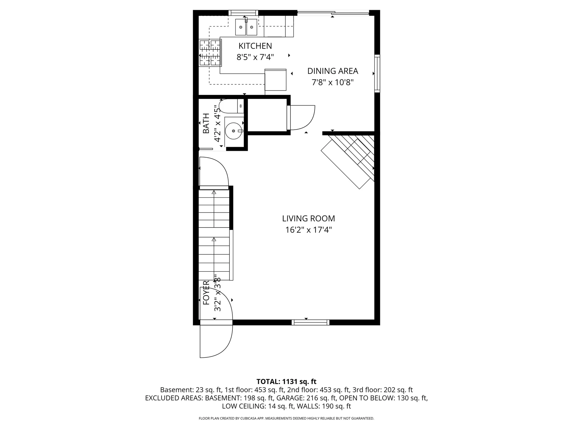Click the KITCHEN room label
point(255,46)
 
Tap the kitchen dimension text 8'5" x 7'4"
point(255,57)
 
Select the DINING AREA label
point(332,71)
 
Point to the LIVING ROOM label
point(308,219)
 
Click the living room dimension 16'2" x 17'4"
point(308,230)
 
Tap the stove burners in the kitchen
point(210,53)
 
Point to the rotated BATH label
point(206,123)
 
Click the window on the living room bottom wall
point(310,322)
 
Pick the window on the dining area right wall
point(377,73)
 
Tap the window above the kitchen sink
point(244,13)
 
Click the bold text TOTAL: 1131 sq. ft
point(286,382)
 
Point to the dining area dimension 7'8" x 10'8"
point(332,82)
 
